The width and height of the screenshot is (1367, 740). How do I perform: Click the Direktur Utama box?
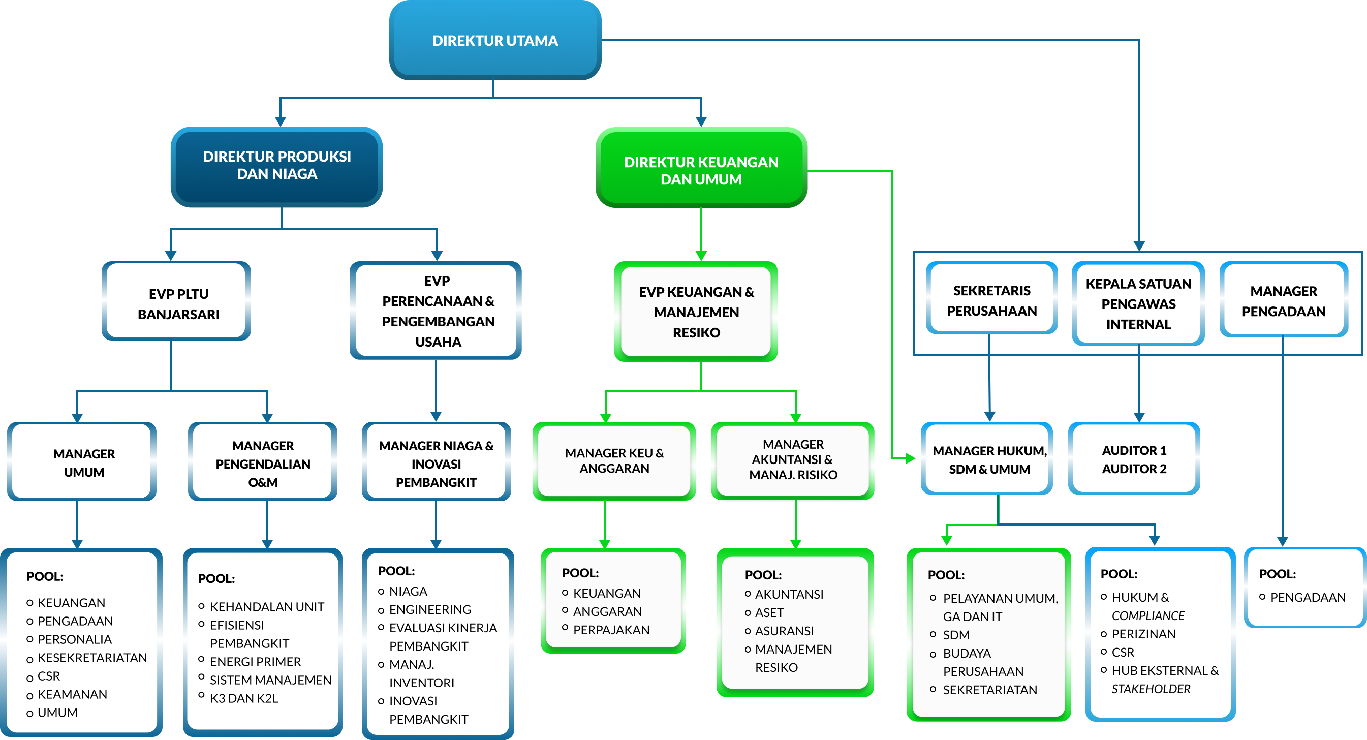point(494,40)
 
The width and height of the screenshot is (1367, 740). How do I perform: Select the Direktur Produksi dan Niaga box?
point(276,166)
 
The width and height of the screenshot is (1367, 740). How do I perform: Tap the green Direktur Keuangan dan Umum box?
point(701,170)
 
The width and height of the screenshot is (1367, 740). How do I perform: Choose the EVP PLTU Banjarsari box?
point(178,303)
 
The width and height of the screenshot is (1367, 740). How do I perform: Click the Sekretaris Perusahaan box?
point(991,300)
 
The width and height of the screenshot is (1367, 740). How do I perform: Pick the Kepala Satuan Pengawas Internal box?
point(1138,303)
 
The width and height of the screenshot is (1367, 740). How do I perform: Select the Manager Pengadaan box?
point(1283,300)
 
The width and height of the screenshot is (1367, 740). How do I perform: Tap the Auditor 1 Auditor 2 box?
point(1134,459)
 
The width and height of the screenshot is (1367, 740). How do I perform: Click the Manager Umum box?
point(84,462)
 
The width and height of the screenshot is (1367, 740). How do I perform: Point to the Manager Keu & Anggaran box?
point(614,460)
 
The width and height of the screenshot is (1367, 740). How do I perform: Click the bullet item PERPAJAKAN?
point(611,630)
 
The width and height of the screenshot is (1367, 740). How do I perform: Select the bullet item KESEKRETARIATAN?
point(92,658)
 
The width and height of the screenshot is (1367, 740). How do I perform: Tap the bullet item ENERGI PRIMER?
point(255,661)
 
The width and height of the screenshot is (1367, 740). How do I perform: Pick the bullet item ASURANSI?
point(784,631)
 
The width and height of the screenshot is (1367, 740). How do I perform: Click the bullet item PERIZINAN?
point(1143,634)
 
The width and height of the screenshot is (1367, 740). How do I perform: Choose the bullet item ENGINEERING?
point(430,609)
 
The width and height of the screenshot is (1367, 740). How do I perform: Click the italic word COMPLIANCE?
point(1148,616)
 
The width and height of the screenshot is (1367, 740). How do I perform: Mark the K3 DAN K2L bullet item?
point(243,698)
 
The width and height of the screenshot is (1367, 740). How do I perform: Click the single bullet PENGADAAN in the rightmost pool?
point(1307,597)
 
